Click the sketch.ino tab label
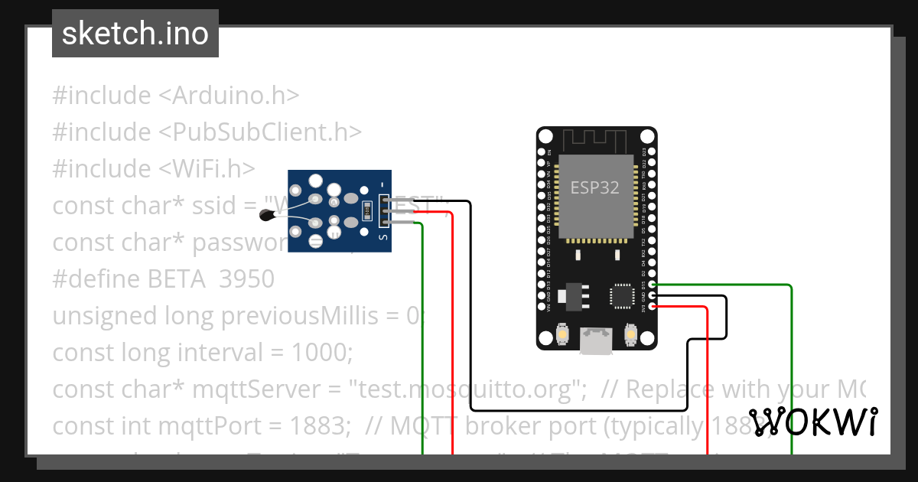coord(135,34)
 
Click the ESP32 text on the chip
coord(594,187)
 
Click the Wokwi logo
coord(813,422)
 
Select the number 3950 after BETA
coord(246,278)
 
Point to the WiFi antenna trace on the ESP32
coord(595,141)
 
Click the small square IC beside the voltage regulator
coord(620,296)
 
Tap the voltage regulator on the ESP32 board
coord(571,295)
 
